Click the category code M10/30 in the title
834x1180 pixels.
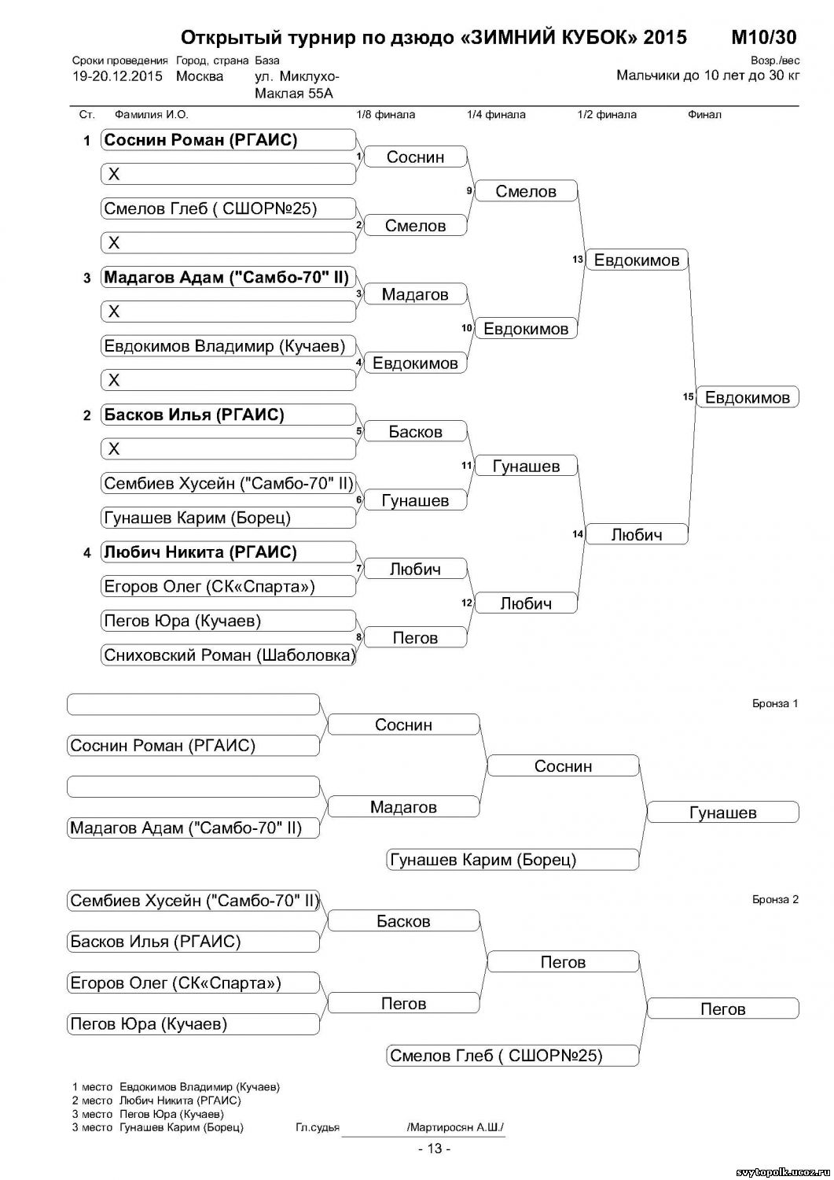pyautogui.click(x=762, y=37)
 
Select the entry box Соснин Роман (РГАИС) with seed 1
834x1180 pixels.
pyautogui.click(x=228, y=141)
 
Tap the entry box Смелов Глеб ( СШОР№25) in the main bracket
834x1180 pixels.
pyautogui.click(x=228, y=209)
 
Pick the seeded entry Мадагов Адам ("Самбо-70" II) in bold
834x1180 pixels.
pyautogui.click(x=228, y=278)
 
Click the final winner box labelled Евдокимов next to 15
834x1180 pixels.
pyautogui.click(x=747, y=397)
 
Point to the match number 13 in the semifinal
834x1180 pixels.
pyautogui.click(x=578, y=260)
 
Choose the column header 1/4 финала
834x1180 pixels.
pyautogui.click(x=496, y=115)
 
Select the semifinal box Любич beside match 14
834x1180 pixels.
pyautogui.click(x=637, y=535)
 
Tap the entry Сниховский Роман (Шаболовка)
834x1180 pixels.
pyautogui.click(x=228, y=655)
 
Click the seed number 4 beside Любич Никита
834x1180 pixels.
pyautogui.click(x=87, y=553)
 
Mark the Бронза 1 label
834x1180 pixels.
pyautogui.click(x=774, y=703)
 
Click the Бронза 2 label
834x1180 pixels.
pyautogui.click(x=774, y=899)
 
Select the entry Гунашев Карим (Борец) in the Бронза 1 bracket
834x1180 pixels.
pyautogui.click(x=511, y=860)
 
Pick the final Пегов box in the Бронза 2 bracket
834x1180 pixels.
pyautogui.click(x=722, y=1009)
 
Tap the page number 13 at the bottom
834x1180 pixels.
pyautogui.click(x=434, y=1149)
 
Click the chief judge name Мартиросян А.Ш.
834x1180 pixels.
pyautogui.click(x=455, y=1127)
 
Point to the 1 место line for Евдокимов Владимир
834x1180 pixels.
pyautogui.click(x=175, y=1087)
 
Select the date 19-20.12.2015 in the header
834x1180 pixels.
pyautogui.click(x=117, y=76)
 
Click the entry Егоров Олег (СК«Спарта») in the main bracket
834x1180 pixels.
pyautogui.click(x=228, y=587)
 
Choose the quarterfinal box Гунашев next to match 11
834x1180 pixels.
pyautogui.click(x=526, y=466)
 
